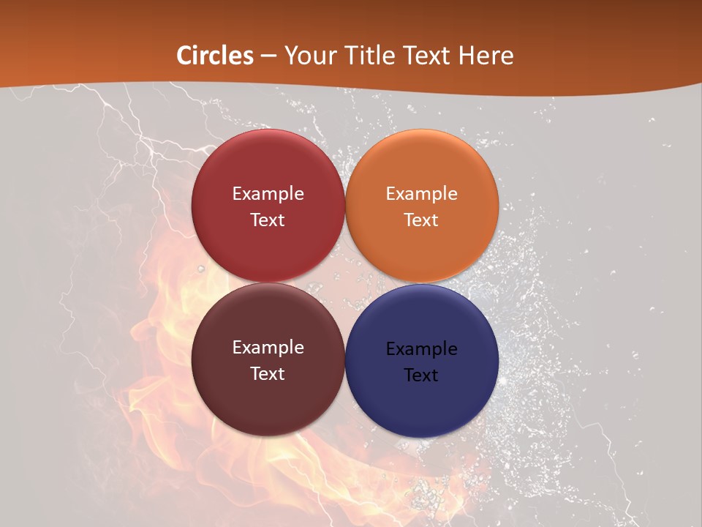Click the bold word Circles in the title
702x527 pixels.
[216, 56]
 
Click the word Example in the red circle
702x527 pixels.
[268, 194]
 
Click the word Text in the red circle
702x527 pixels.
[268, 220]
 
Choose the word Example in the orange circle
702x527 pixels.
[422, 194]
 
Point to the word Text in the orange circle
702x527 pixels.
[422, 220]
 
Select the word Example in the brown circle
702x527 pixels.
[268, 348]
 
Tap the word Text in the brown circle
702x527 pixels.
[268, 374]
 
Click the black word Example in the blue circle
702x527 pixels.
[422, 349]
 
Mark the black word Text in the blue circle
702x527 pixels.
[421, 375]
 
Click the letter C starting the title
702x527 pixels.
[184, 56]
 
